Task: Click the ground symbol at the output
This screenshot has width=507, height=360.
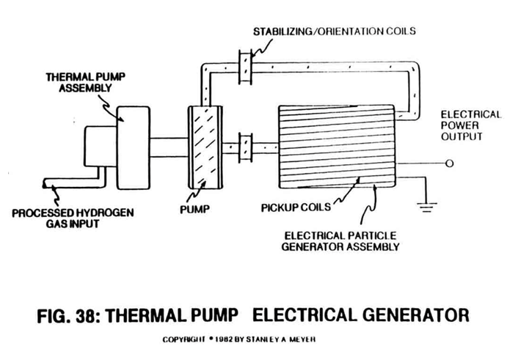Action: click(426, 207)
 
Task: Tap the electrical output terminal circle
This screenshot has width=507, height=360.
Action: click(450, 164)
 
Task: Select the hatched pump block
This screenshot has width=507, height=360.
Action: click(205, 147)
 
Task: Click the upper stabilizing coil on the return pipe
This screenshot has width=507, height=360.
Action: click(245, 67)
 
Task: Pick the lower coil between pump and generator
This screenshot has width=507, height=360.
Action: click(245, 147)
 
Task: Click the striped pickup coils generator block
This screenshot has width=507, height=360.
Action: click(337, 147)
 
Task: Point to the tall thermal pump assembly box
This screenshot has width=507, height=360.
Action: click(134, 147)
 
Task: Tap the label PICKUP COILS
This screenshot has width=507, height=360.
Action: click(296, 207)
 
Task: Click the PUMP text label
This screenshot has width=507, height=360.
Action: click(194, 210)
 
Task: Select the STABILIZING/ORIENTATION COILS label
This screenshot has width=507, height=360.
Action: click(335, 32)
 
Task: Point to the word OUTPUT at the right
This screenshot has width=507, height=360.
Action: click(462, 136)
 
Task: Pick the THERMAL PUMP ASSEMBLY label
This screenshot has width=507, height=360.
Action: click(85, 82)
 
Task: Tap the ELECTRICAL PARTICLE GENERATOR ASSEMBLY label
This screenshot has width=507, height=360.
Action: click(340, 241)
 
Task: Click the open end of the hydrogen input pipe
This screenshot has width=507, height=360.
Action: click(44, 183)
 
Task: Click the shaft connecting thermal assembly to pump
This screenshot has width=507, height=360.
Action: click(169, 147)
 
